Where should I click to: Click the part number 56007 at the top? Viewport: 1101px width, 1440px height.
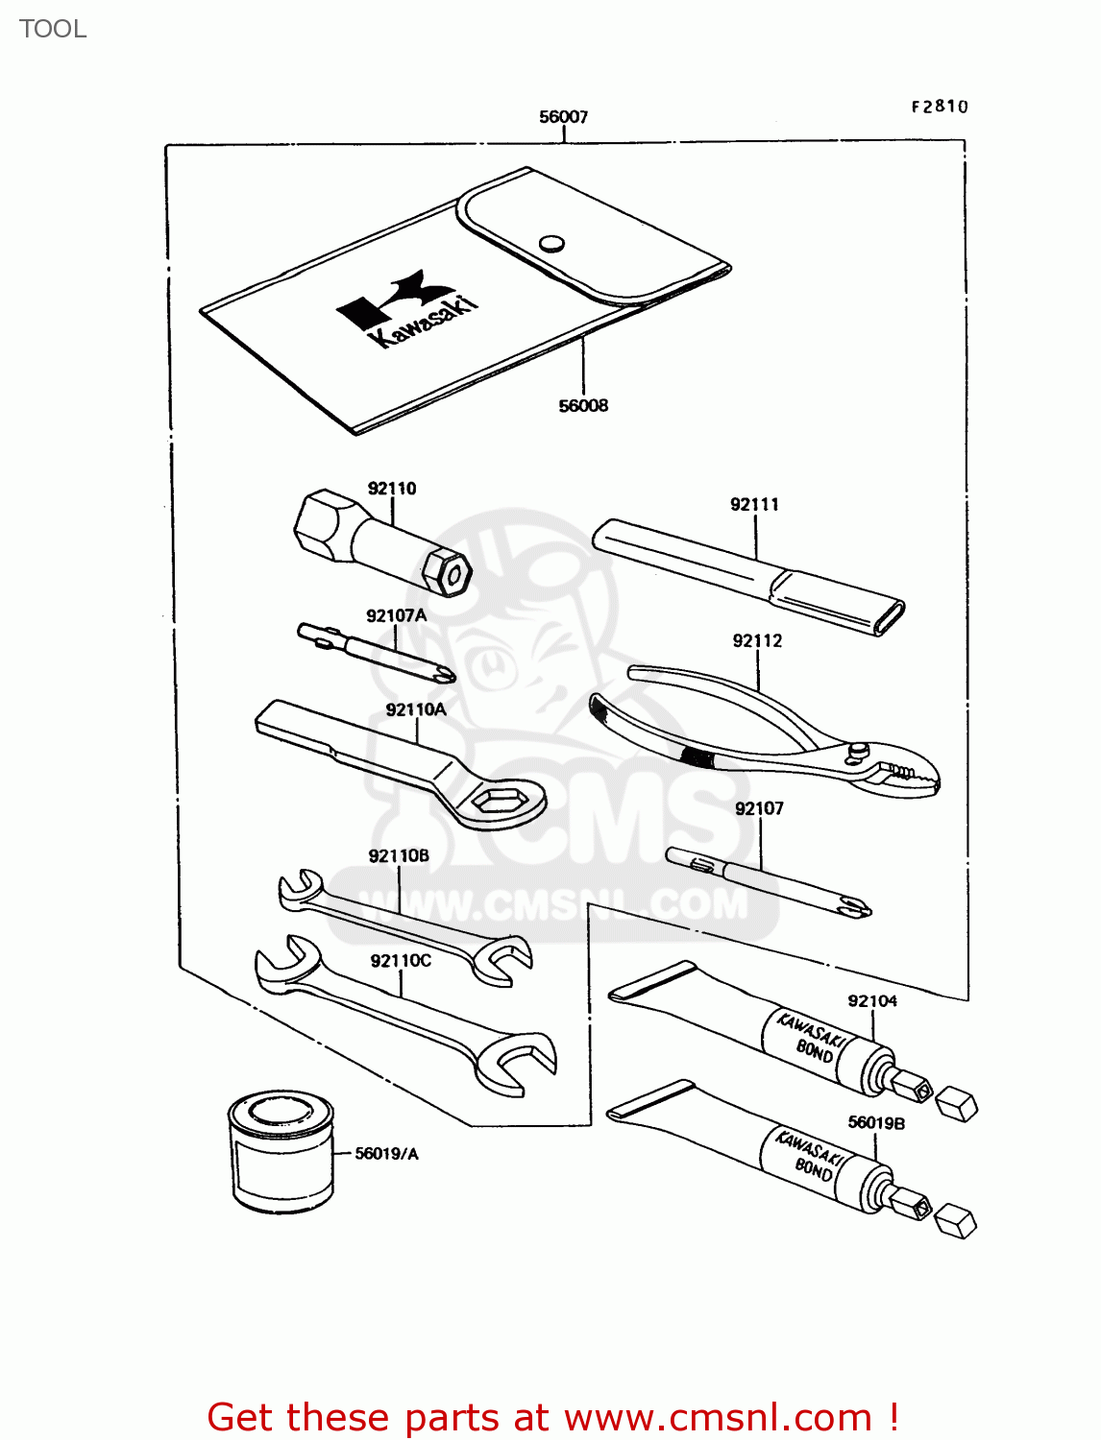pos(563,117)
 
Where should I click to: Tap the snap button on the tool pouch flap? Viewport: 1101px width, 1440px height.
pos(550,243)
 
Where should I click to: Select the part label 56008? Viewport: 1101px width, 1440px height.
pos(583,406)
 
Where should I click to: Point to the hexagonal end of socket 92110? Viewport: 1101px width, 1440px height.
pos(448,572)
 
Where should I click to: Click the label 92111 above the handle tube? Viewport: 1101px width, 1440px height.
pos(754,505)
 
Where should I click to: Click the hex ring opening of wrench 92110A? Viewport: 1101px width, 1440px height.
pos(501,799)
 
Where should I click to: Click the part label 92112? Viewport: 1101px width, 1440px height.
pos(757,641)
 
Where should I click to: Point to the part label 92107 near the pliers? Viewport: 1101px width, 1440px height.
pos(759,809)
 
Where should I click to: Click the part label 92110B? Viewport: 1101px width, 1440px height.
pos(399,856)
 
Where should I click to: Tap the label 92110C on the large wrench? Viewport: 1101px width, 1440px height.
pos(401,961)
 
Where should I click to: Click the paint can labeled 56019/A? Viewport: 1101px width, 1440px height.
pos(281,1151)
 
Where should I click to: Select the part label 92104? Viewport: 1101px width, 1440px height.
pos(872,1001)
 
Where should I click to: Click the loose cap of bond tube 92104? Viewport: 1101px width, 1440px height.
pos(957,1104)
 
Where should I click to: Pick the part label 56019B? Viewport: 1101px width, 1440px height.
pos(876,1123)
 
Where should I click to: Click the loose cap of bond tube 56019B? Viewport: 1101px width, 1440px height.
pos(956,1221)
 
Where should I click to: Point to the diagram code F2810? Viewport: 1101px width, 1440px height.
pos(940,107)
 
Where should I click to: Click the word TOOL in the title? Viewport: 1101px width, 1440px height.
pos(53,29)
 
